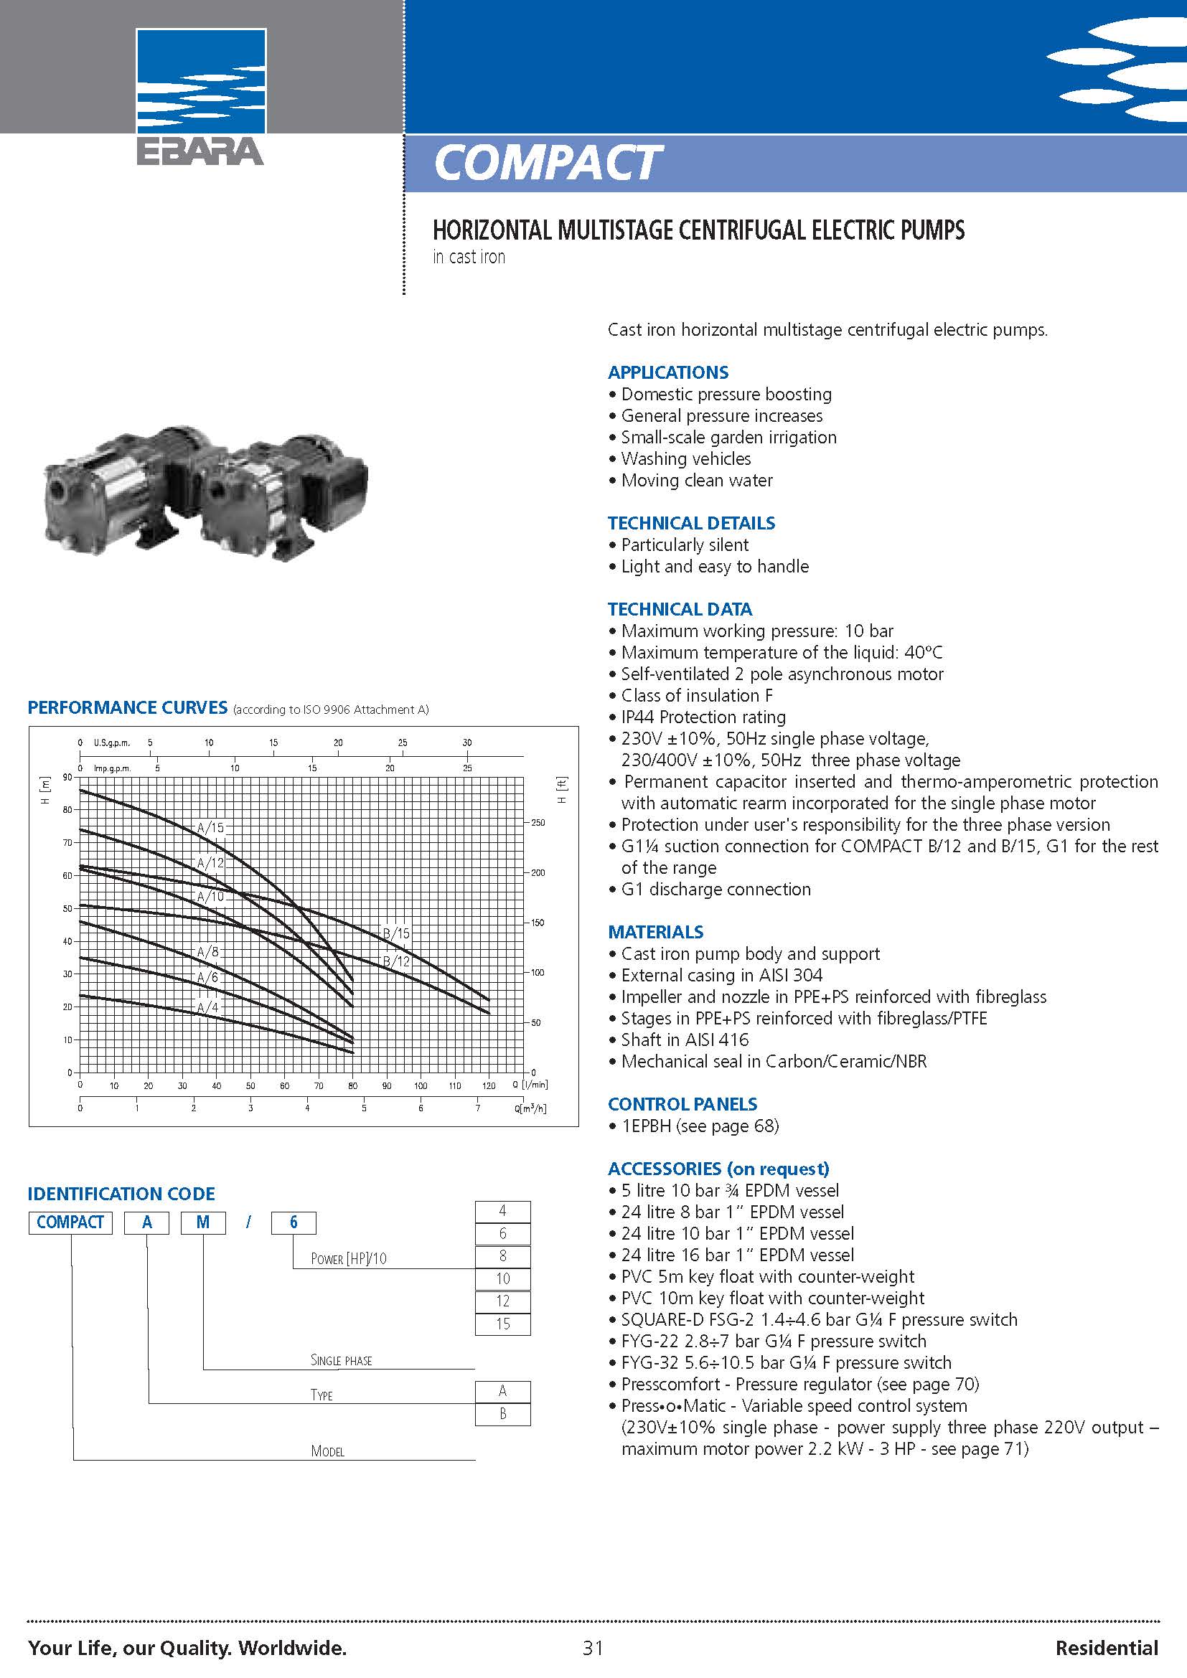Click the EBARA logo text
click(200, 151)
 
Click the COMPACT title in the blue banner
click(547, 162)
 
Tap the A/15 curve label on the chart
click(211, 828)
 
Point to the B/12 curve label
click(397, 961)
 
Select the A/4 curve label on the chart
click(208, 1008)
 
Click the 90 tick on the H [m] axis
click(68, 777)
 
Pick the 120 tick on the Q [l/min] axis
click(489, 1085)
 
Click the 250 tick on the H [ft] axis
click(538, 823)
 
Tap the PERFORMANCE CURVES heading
click(127, 707)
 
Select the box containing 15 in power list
click(503, 1324)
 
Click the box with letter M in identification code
click(203, 1222)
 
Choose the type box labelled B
click(503, 1413)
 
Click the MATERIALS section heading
click(656, 932)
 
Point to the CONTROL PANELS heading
click(682, 1103)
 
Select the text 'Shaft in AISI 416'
click(685, 1040)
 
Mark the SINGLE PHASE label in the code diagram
click(342, 1360)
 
